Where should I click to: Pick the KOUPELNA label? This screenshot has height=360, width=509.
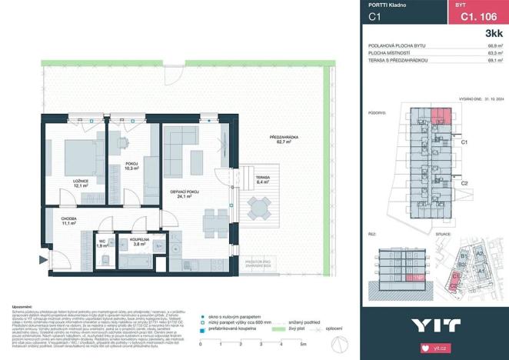click(x=139, y=242)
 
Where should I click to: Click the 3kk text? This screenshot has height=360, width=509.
click(x=493, y=35)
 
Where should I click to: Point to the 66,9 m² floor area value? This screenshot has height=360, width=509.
click(x=495, y=46)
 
